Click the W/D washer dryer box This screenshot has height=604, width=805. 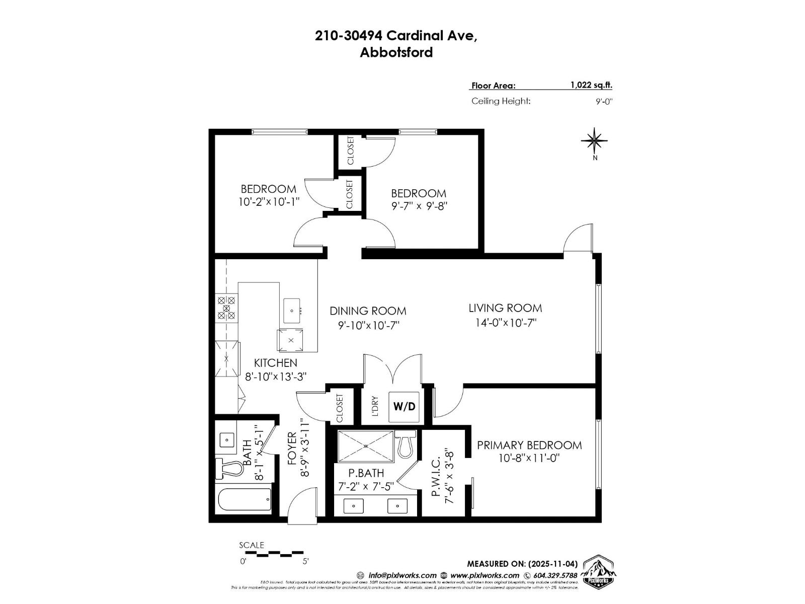coord(405,406)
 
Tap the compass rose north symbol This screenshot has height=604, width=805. coord(595,141)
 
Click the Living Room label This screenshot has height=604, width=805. coord(505,308)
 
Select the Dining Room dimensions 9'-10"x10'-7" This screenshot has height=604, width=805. coord(368,325)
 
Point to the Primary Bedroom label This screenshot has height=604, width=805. coord(529,445)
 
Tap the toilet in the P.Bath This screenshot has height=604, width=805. coord(405,444)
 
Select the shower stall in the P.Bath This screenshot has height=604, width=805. coord(366,445)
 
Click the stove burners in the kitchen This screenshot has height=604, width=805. coord(226,308)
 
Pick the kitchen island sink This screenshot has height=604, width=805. coord(292,311)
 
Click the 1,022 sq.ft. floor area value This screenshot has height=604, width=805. coord(591,85)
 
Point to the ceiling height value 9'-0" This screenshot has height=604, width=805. coord(604,101)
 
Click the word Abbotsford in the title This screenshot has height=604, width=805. coord(396,52)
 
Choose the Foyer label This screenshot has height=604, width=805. coord(292,448)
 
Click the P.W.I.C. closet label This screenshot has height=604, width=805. coord(436,477)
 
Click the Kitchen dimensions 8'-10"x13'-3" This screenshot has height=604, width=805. coord(275,376)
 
